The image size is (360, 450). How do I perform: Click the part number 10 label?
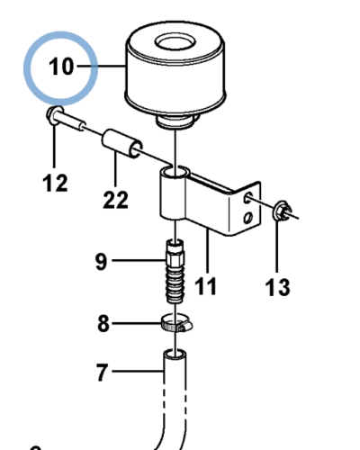[x=61, y=67]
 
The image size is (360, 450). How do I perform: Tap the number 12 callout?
[x=55, y=183]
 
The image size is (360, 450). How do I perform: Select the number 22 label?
[x=115, y=200]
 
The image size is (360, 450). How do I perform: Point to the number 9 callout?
[x=101, y=262]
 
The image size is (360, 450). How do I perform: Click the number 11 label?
[x=205, y=286]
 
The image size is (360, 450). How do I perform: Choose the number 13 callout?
[x=277, y=287]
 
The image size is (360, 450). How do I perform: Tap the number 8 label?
[x=103, y=323]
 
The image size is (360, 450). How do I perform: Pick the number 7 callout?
[x=102, y=372]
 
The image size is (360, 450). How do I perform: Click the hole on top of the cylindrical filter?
[x=175, y=42]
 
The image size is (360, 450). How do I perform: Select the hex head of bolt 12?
[x=53, y=115]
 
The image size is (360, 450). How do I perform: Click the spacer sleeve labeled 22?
[x=122, y=143]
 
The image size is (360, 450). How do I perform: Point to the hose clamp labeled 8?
[x=176, y=323]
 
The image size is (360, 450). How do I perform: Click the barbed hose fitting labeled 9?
[x=175, y=271]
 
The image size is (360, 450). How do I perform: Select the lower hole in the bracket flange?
[x=248, y=217]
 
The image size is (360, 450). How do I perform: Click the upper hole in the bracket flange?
[x=248, y=197]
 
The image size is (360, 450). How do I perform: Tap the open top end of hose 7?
[x=175, y=354]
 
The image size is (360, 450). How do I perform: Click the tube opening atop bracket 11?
[x=175, y=173]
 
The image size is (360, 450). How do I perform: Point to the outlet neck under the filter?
[x=175, y=122]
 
